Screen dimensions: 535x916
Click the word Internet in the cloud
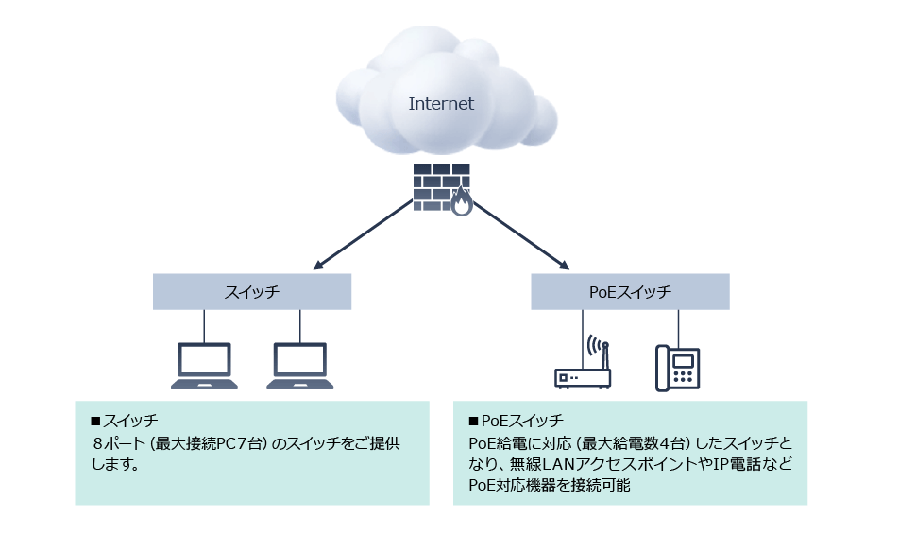(441, 104)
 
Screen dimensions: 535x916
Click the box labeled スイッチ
(252, 292)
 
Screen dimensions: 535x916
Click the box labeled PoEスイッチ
(630, 292)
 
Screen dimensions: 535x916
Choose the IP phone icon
(678, 368)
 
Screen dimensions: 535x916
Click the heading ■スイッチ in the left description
(123, 421)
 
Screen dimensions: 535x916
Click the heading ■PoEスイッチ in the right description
(516, 421)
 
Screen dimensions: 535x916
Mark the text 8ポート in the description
(114, 442)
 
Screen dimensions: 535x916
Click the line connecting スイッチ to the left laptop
(204, 326)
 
